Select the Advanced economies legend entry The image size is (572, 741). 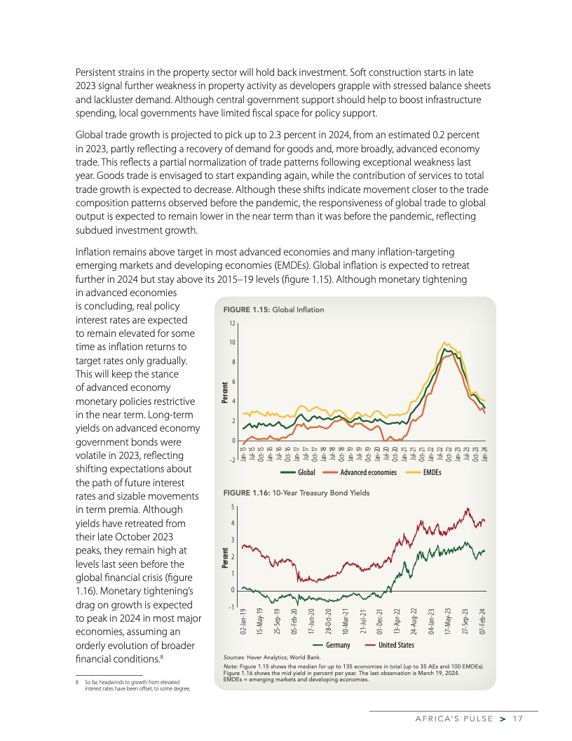click(x=369, y=473)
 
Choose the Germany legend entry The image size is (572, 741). click(x=335, y=645)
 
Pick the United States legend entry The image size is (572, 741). click(x=396, y=645)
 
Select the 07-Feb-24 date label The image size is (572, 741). click(x=484, y=621)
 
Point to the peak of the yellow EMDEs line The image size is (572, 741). click(x=445, y=342)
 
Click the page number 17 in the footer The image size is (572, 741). click(x=518, y=719)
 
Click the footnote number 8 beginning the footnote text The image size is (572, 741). click(x=76, y=682)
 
